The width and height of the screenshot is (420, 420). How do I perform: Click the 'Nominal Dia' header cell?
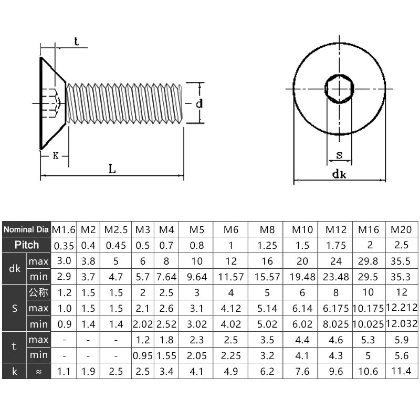click(x=26, y=229)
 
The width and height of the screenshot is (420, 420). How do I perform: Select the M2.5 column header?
click(x=115, y=229)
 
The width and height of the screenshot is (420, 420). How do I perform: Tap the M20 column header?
click(x=401, y=229)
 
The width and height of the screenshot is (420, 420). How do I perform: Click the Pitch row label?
click(x=27, y=245)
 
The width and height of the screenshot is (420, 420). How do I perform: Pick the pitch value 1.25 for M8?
click(x=267, y=245)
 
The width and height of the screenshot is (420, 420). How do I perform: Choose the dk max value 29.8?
click(x=368, y=261)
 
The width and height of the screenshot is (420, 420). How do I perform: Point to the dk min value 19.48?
click(x=302, y=277)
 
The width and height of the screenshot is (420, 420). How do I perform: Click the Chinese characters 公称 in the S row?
click(x=38, y=292)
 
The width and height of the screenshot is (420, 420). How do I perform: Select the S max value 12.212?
click(x=402, y=308)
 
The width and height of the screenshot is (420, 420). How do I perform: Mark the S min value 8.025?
click(x=336, y=324)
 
